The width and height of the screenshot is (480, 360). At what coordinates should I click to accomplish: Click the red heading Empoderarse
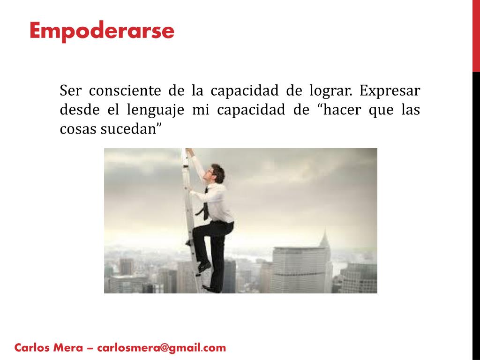click(x=101, y=31)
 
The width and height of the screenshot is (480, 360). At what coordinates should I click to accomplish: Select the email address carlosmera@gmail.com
click(x=162, y=348)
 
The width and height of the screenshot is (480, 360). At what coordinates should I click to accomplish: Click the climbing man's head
click(x=217, y=172)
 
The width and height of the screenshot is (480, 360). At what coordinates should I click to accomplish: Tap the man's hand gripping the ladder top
click(x=189, y=152)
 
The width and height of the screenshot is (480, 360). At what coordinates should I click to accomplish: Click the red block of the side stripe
click(x=476, y=36)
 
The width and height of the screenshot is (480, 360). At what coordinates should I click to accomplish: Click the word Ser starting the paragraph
click(x=70, y=90)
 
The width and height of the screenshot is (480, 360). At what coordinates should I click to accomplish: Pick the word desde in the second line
click(x=74, y=110)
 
